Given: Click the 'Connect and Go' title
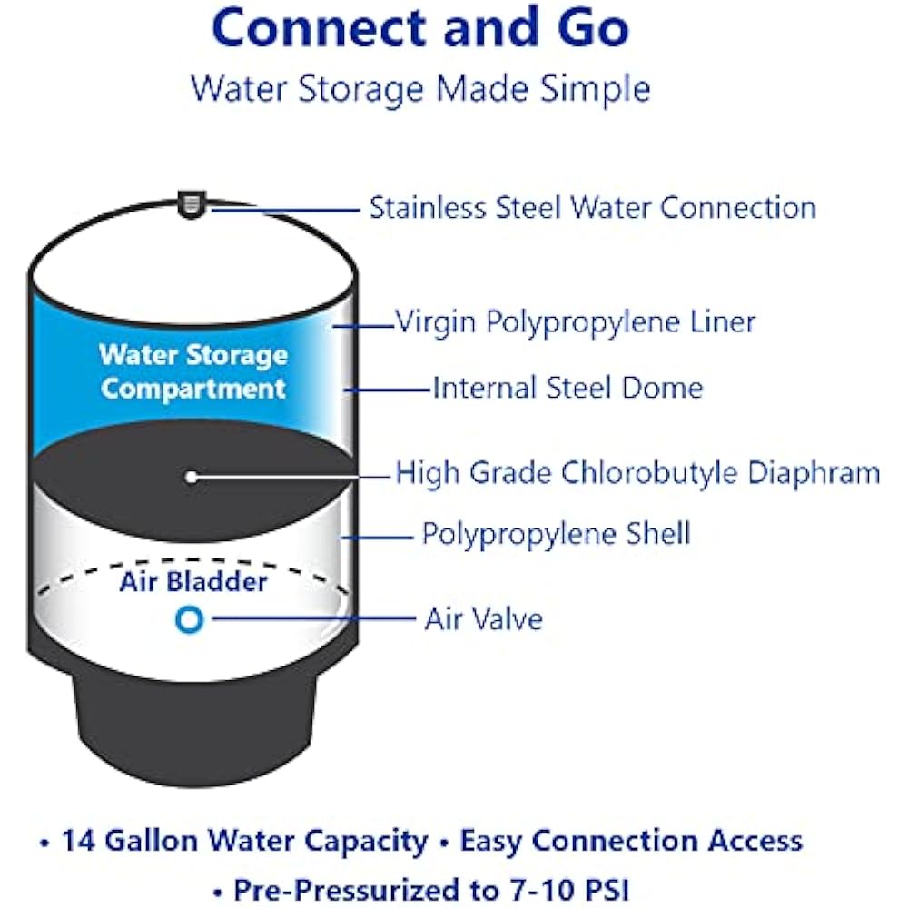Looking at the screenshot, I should click(420, 29).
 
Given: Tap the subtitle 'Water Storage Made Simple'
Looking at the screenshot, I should click(420, 89).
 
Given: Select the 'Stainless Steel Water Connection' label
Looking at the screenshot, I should click(592, 208).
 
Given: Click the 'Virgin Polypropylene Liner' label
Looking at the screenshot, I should click(575, 321).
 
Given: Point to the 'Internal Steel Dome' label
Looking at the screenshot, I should click(567, 389).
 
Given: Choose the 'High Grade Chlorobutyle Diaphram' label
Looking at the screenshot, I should click(637, 473).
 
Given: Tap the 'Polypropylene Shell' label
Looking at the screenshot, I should click(556, 533).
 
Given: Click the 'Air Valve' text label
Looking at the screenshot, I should click(483, 619).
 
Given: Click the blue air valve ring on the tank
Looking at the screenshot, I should click(190, 619).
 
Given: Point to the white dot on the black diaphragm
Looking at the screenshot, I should click(190, 475).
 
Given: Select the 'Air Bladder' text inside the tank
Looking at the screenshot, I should click(193, 581).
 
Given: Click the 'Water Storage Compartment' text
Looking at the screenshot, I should click(193, 372).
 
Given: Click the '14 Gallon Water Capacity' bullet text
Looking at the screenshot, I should click(243, 841).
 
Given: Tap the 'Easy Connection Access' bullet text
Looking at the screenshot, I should click(631, 841).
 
